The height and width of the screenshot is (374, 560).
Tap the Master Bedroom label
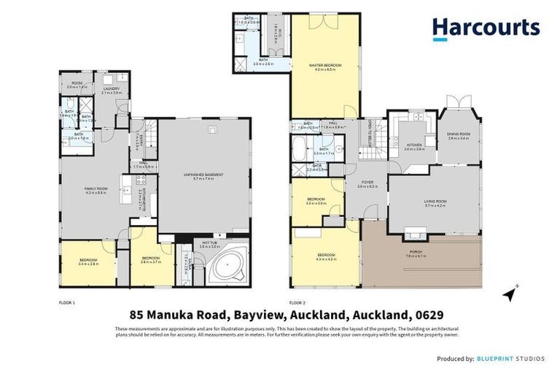[325, 66]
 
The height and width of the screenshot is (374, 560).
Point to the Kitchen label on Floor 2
[413, 145]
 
